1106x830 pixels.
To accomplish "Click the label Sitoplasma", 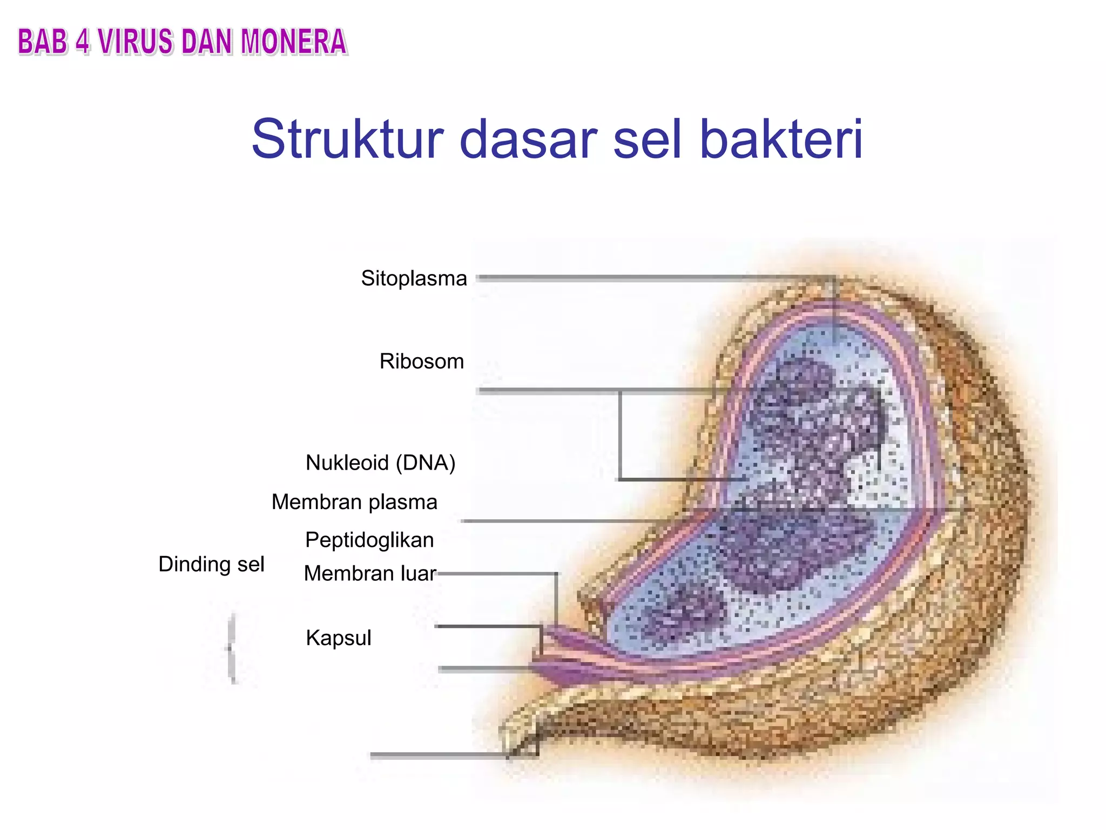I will pyautogui.click(x=414, y=279).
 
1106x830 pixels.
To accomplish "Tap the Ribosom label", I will pyautogui.click(x=422, y=362).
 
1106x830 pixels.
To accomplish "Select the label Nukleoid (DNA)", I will pyautogui.click(x=380, y=463).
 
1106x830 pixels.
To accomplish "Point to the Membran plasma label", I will pyautogui.click(x=354, y=502).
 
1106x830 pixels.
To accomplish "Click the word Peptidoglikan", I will pyautogui.click(x=369, y=540).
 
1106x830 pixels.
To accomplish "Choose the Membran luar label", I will pyautogui.click(x=370, y=574).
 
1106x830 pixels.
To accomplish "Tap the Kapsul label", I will pyautogui.click(x=339, y=638).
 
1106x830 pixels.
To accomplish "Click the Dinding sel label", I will pyautogui.click(x=211, y=565).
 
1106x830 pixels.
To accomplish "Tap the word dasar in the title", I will pyautogui.click(x=528, y=139).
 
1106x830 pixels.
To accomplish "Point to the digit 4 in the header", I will pyautogui.click(x=82, y=42).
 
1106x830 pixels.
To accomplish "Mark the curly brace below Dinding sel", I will pyautogui.click(x=232, y=648).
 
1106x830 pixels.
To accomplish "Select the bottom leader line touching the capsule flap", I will pyautogui.click(x=437, y=755).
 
